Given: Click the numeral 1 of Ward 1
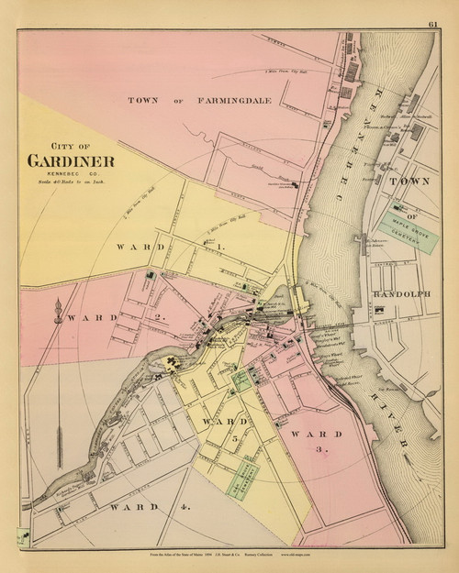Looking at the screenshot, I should (x=221, y=248).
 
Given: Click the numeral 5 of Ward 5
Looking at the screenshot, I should (x=234, y=439).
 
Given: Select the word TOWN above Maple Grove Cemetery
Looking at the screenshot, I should (x=410, y=182).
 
